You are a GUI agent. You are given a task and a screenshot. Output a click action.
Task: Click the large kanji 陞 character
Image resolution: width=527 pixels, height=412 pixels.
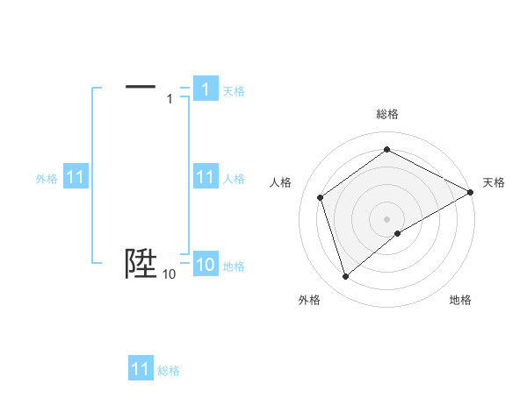(141, 263)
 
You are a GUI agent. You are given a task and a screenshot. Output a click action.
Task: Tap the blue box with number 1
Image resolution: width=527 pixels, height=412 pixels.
(205, 89)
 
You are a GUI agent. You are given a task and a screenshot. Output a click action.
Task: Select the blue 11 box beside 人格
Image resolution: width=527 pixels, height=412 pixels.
(205, 178)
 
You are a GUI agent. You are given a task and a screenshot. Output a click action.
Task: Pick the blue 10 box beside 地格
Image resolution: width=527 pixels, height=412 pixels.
(205, 266)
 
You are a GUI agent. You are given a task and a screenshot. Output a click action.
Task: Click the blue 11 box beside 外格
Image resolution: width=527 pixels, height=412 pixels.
(75, 178)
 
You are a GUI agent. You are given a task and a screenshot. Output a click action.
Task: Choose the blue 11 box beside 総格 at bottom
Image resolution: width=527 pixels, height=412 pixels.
(141, 369)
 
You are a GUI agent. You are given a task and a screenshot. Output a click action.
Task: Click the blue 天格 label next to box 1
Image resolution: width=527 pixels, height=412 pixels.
(234, 90)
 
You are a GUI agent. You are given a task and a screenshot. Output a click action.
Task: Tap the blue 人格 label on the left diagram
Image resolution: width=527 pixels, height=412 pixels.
(234, 179)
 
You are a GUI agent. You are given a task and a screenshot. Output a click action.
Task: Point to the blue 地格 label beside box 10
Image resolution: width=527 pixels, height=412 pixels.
(234, 266)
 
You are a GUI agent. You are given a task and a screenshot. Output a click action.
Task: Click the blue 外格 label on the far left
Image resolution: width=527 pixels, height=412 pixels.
(47, 179)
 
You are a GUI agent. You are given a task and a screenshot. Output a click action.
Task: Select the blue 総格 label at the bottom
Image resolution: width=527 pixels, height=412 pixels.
(169, 371)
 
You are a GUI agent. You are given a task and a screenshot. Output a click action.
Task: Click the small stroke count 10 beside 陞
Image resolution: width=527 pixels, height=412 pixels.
(169, 275)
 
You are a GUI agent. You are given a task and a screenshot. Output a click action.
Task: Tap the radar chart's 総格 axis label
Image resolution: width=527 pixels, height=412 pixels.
(387, 114)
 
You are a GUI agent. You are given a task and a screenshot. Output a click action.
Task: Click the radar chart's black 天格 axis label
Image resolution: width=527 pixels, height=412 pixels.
(494, 182)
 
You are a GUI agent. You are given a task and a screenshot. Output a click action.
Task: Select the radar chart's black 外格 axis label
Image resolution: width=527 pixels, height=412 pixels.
(309, 301)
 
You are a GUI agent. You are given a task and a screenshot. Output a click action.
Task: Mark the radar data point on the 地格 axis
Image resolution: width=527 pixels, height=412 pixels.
(398, 233)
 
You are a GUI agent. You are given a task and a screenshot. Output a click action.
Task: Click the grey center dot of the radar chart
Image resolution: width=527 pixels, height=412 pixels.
(387, 219)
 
